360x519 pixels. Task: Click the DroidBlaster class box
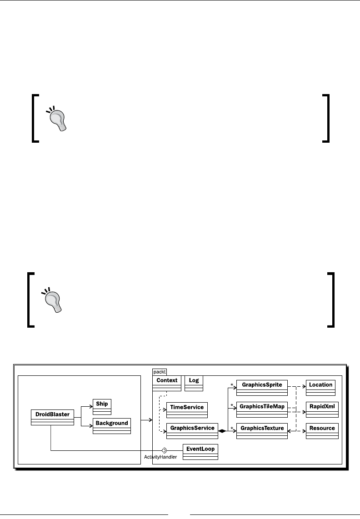tap(52, 417)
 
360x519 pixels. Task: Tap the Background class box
tap(112, 426)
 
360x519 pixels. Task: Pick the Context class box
tap(167, 383)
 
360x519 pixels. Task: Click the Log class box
tap(194, 383)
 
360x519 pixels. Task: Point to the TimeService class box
tap(187, 409)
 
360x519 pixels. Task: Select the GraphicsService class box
tap(192, 431)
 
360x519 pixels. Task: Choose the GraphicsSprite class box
tap(262, 388)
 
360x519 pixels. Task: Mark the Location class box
tap(320, 387)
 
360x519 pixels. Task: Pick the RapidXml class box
tap(322, 409)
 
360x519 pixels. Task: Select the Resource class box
tap(322, 431)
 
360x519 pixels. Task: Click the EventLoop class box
tap(200, 452)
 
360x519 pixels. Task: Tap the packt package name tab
tap(160, 371)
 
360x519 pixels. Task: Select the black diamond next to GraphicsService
tap(222, 430)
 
